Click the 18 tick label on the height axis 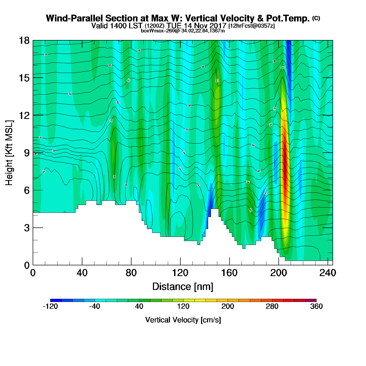pyautogui.click(x=24, y=41)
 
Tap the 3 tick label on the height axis pyautogui.click(x=27, y=228)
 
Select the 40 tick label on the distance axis pyautogui.click(x=82, y=273)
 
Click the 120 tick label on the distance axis pyautogui.click(x=180, y=273)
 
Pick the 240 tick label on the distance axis pyautogui.click(x=327, y=273)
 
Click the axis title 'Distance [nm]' pyautogui.click(x=183, y=287)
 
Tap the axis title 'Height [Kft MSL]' pyautogui.click(x=9, y=153)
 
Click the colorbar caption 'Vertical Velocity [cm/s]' pyautogui.click(x=183, y=320)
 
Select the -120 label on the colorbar pyautogui.click(x=50, y=306)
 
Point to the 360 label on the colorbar pyautogui.click(x=316, y=306)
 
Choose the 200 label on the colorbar pyautogui.click(x=228, y=306)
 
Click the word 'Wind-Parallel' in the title pyautogui.click(x=75, y=19)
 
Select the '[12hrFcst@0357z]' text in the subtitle pyautogui.click(x=251, y=26)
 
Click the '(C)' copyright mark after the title pyautogui.click(x=316, y=18)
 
